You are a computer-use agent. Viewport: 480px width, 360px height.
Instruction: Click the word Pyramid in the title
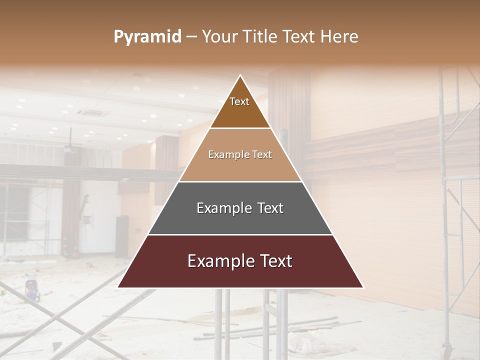click(147, 37)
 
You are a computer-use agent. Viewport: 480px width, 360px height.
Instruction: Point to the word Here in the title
click(339, 37)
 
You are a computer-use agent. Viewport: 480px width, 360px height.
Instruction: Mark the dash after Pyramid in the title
click(191, 37)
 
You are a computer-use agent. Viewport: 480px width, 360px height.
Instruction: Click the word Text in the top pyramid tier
click(239, 101)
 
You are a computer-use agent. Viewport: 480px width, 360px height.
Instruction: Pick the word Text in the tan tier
click(262, 154)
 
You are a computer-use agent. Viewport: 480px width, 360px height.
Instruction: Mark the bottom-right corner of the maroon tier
click(363, 287)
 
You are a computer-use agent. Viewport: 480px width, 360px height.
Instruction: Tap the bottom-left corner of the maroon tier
click(118, 287)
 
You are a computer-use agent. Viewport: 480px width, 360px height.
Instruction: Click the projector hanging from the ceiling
click(70, 148)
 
